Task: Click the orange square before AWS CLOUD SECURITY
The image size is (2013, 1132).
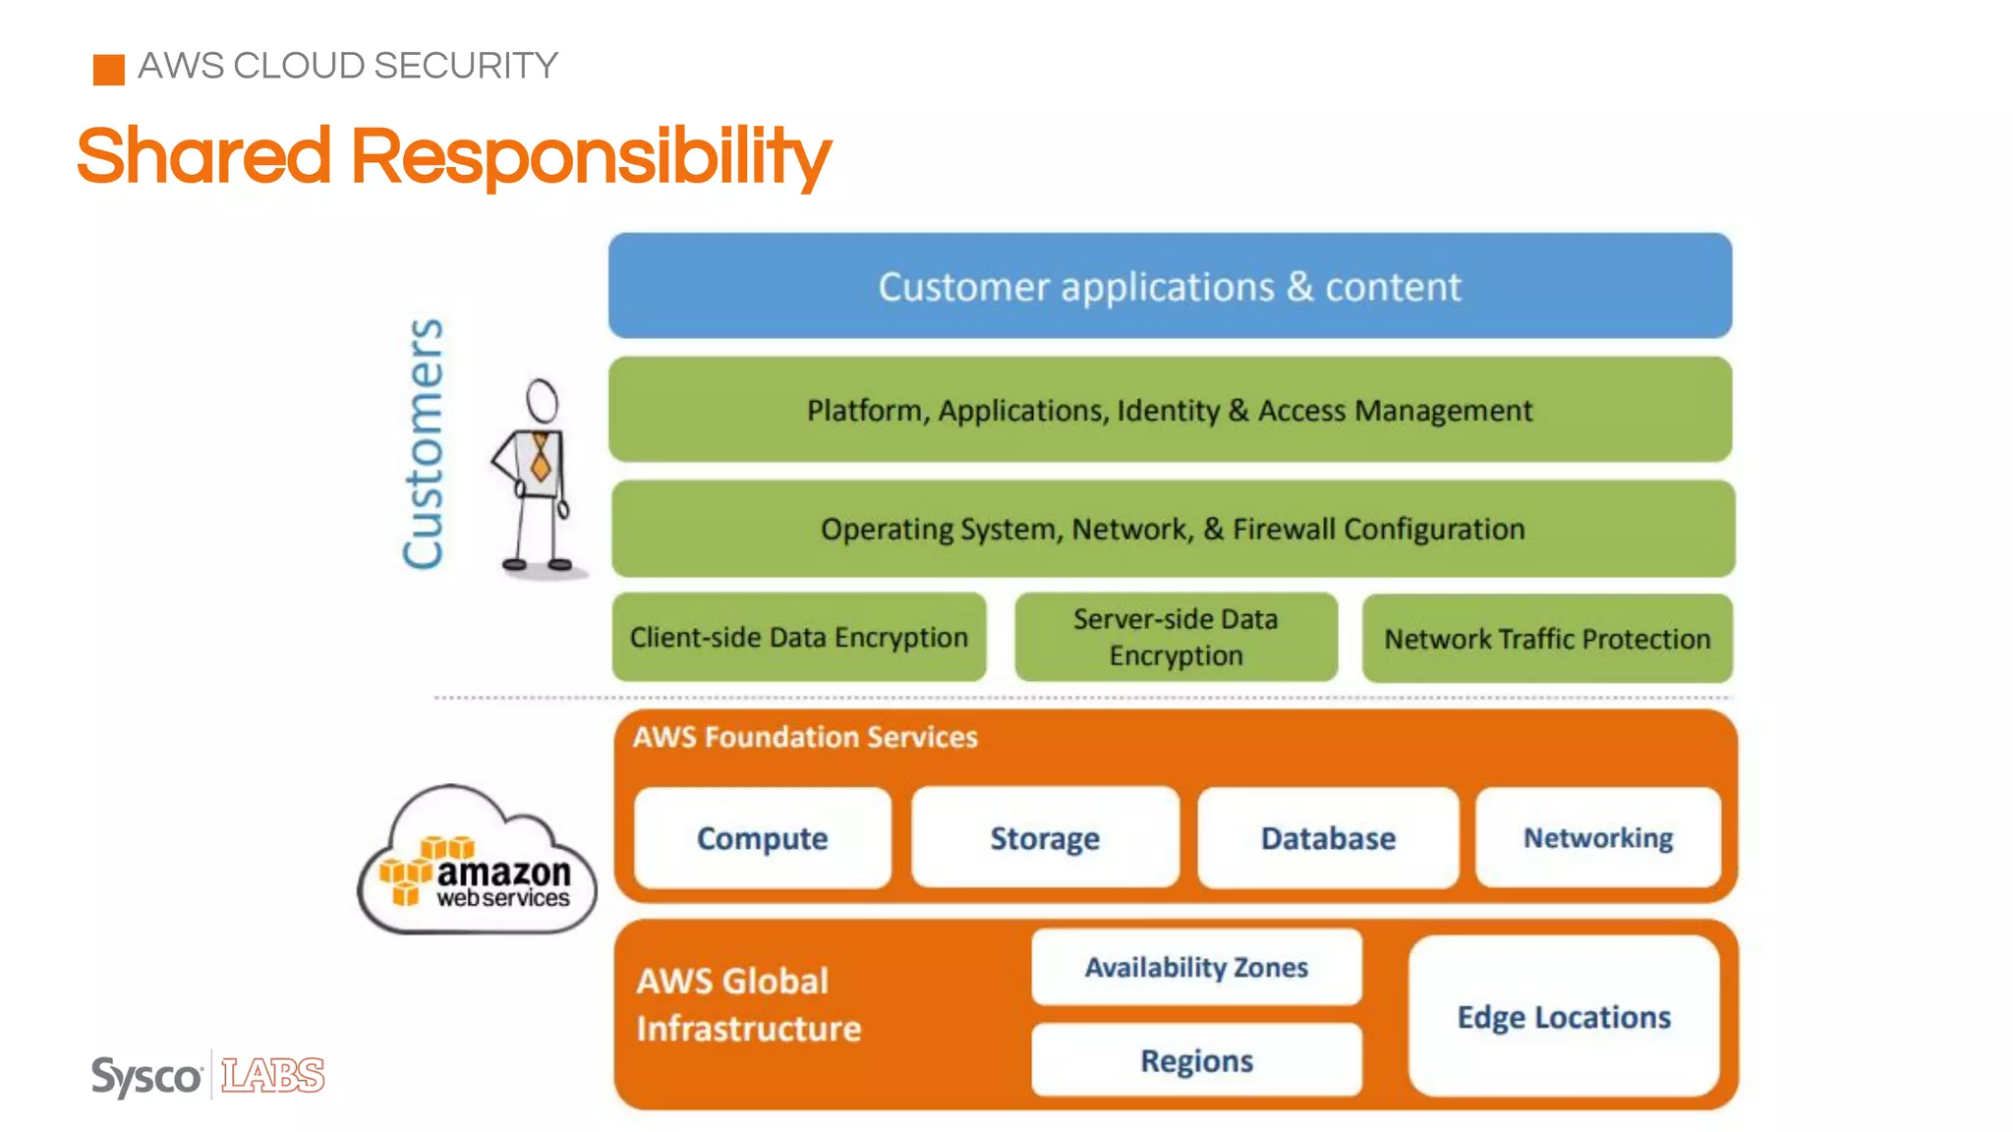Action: coord(108,70)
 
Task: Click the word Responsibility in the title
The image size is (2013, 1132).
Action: coord(590,157)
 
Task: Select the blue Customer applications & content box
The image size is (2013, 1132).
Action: coord(1170,286)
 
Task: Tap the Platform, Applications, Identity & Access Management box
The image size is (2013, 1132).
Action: coord(1170,410)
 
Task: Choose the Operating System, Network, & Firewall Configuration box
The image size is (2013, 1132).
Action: coord(1173,529)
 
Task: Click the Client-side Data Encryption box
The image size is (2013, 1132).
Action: coord(798,638)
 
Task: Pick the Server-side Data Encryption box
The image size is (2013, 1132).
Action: coord(1176,638)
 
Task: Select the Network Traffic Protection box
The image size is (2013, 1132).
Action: coord(1547,639)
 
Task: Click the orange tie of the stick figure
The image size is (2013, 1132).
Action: coord(540,457)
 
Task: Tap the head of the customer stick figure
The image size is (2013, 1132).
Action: coord(542,401)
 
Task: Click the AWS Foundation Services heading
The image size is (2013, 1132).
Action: coord(805,737)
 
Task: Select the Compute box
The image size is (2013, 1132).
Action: coord(762,838)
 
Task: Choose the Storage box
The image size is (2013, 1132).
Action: coord(1045,838)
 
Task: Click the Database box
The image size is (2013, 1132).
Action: coord(1328,838)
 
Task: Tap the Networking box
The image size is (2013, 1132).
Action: coord(1598,838)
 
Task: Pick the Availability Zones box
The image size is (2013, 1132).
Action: coord(1196,967)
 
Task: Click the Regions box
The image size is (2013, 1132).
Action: coord(1196,1060)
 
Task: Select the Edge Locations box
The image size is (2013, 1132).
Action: coord(1564,1017)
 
